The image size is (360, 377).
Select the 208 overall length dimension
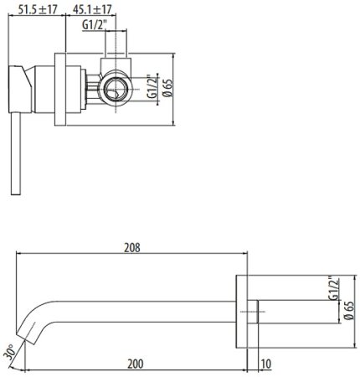[131, 247]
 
